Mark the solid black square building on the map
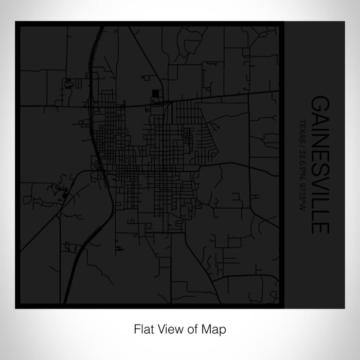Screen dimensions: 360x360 click(x=155, y=94)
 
